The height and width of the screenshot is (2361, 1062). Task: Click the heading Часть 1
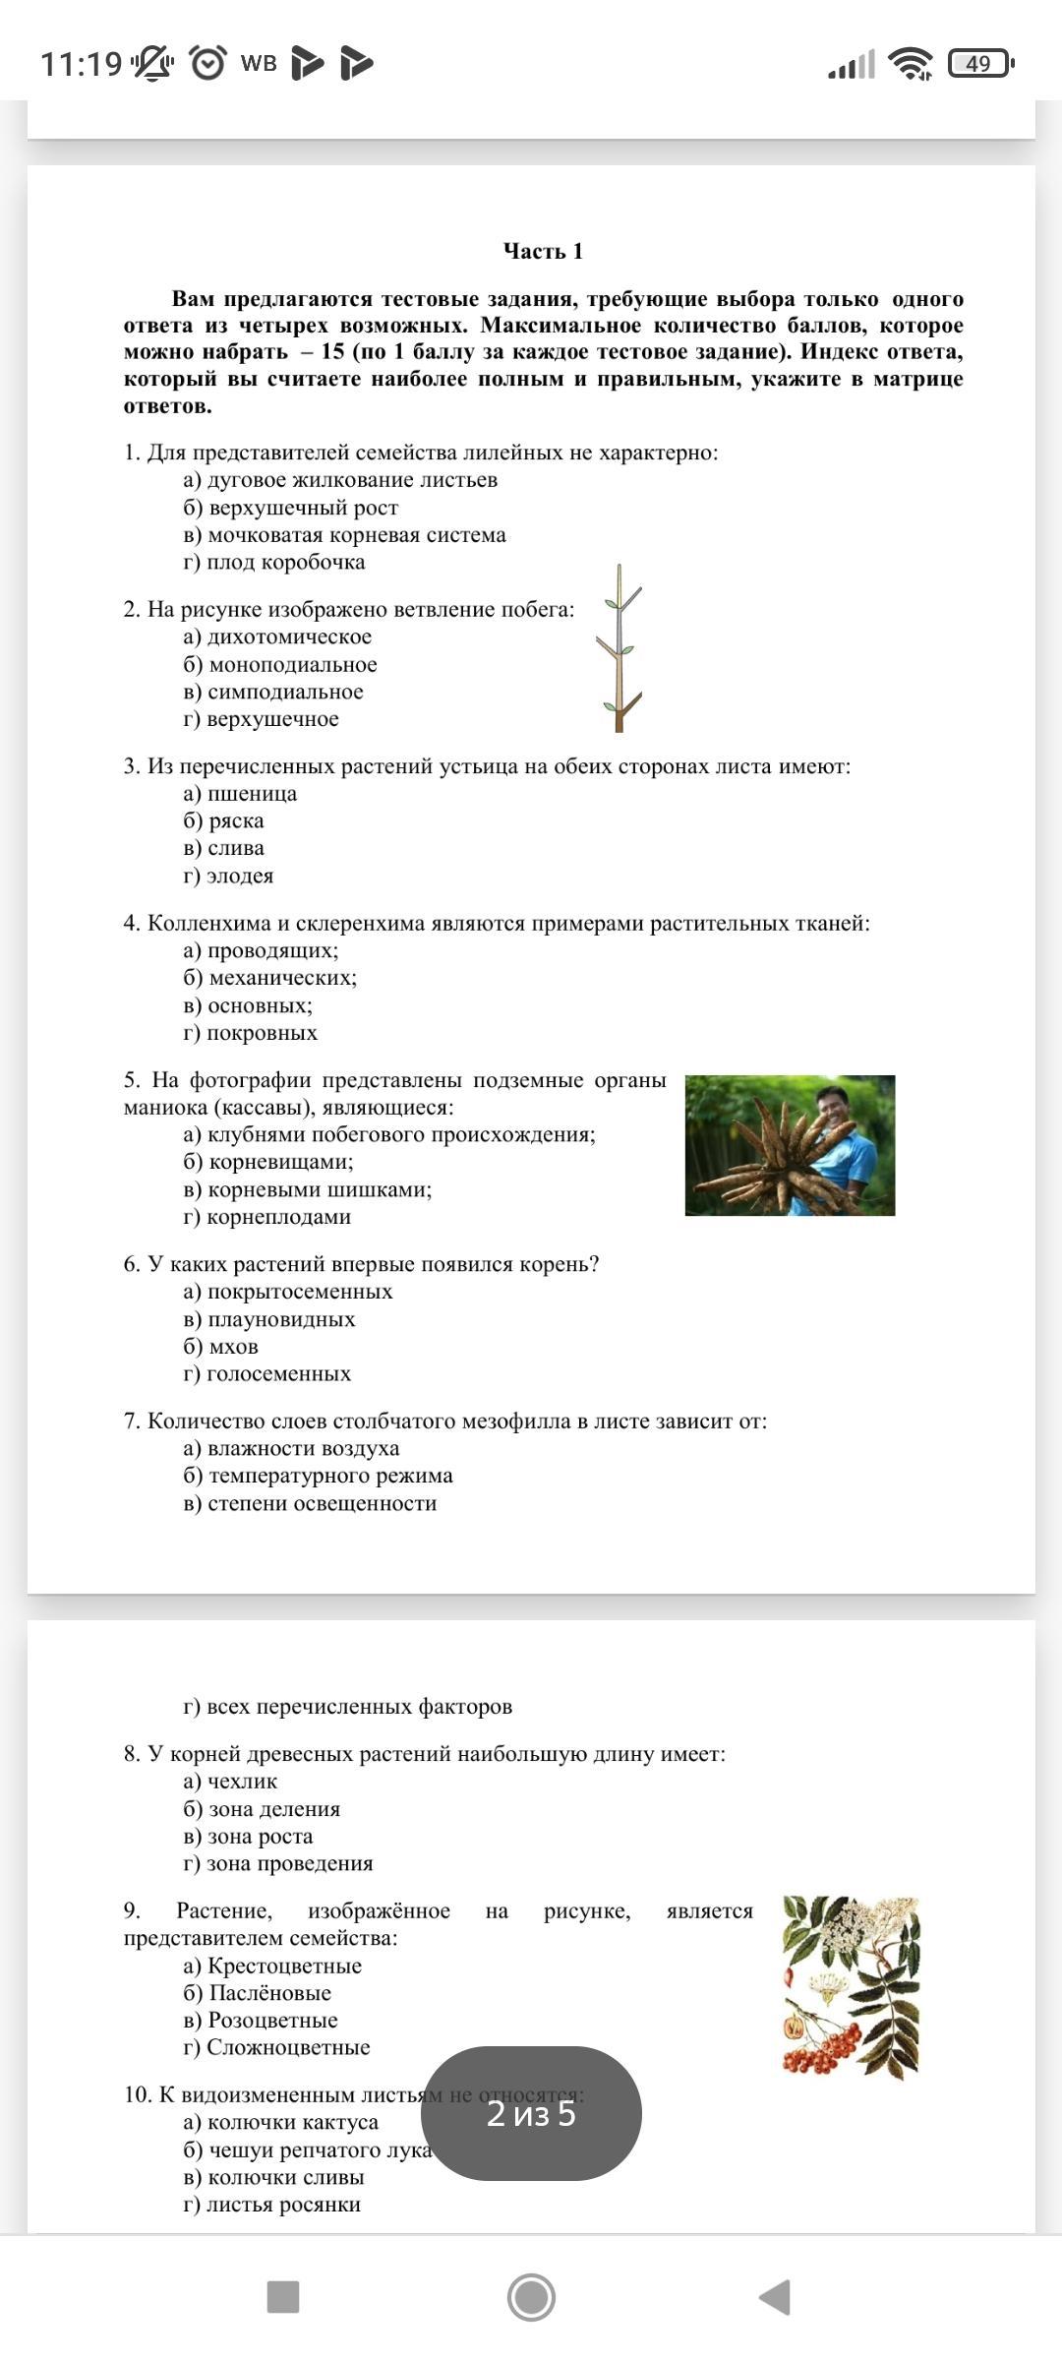click(543, 252)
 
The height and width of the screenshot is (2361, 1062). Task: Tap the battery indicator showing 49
click(978, 64)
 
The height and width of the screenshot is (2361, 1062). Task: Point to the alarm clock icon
click(207, 63)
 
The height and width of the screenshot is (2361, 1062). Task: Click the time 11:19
click(81, 64)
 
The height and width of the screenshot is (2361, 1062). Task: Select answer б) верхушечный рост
click(291, 508)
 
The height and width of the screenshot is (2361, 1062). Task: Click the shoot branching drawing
click(619, 648)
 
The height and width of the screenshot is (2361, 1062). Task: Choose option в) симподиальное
click(273, 692)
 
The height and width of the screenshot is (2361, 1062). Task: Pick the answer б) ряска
click(224, 820)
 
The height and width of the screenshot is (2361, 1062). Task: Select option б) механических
click(270, 978)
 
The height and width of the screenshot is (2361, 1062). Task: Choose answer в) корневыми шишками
click(308, 1189)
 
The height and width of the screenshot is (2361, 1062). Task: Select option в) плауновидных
click(269, 1319)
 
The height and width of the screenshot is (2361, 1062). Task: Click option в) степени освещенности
click(310, 1503)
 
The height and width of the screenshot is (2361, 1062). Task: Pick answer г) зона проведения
click(278, 1863)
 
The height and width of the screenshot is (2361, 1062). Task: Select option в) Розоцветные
click(261, 2020)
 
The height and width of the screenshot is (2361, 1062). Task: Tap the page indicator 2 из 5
click(531, 2113)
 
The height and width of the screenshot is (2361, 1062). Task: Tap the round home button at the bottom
click(531, 2297)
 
